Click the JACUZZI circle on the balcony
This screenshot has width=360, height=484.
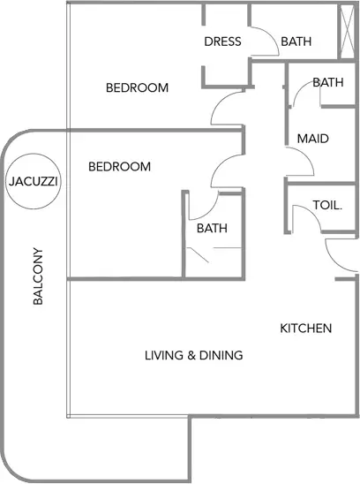[34, 155]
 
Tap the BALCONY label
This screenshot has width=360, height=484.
[38, 276]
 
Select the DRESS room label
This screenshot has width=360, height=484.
[222, 42]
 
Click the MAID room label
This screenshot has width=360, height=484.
[313, 139]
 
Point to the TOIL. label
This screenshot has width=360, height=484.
[327, 205]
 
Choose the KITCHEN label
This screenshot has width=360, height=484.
[306, 329]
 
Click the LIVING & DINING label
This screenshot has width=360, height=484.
[194, 355]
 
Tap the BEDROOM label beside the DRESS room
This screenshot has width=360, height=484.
[138, 87]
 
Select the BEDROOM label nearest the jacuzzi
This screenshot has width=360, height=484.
[120, 167]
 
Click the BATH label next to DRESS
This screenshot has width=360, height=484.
[296, 42]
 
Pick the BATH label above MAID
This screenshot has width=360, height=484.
[328, 82]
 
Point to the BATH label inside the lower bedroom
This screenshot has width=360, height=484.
[213, 229]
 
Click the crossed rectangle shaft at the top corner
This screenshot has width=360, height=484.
[347, 31]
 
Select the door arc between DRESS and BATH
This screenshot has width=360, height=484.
[272, 35]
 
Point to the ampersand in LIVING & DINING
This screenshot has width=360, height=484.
[191, 356]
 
